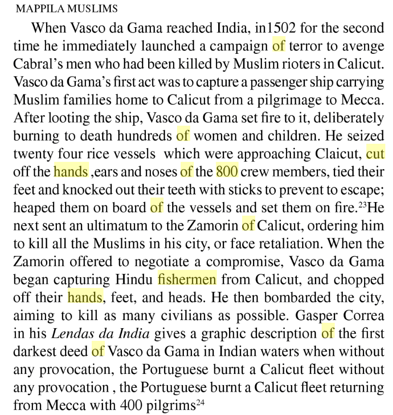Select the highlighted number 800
[227, 171]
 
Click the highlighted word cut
[375, 154]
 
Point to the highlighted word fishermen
[187, 279]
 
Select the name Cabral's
[40, 64]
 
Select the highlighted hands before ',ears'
[70, 171]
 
